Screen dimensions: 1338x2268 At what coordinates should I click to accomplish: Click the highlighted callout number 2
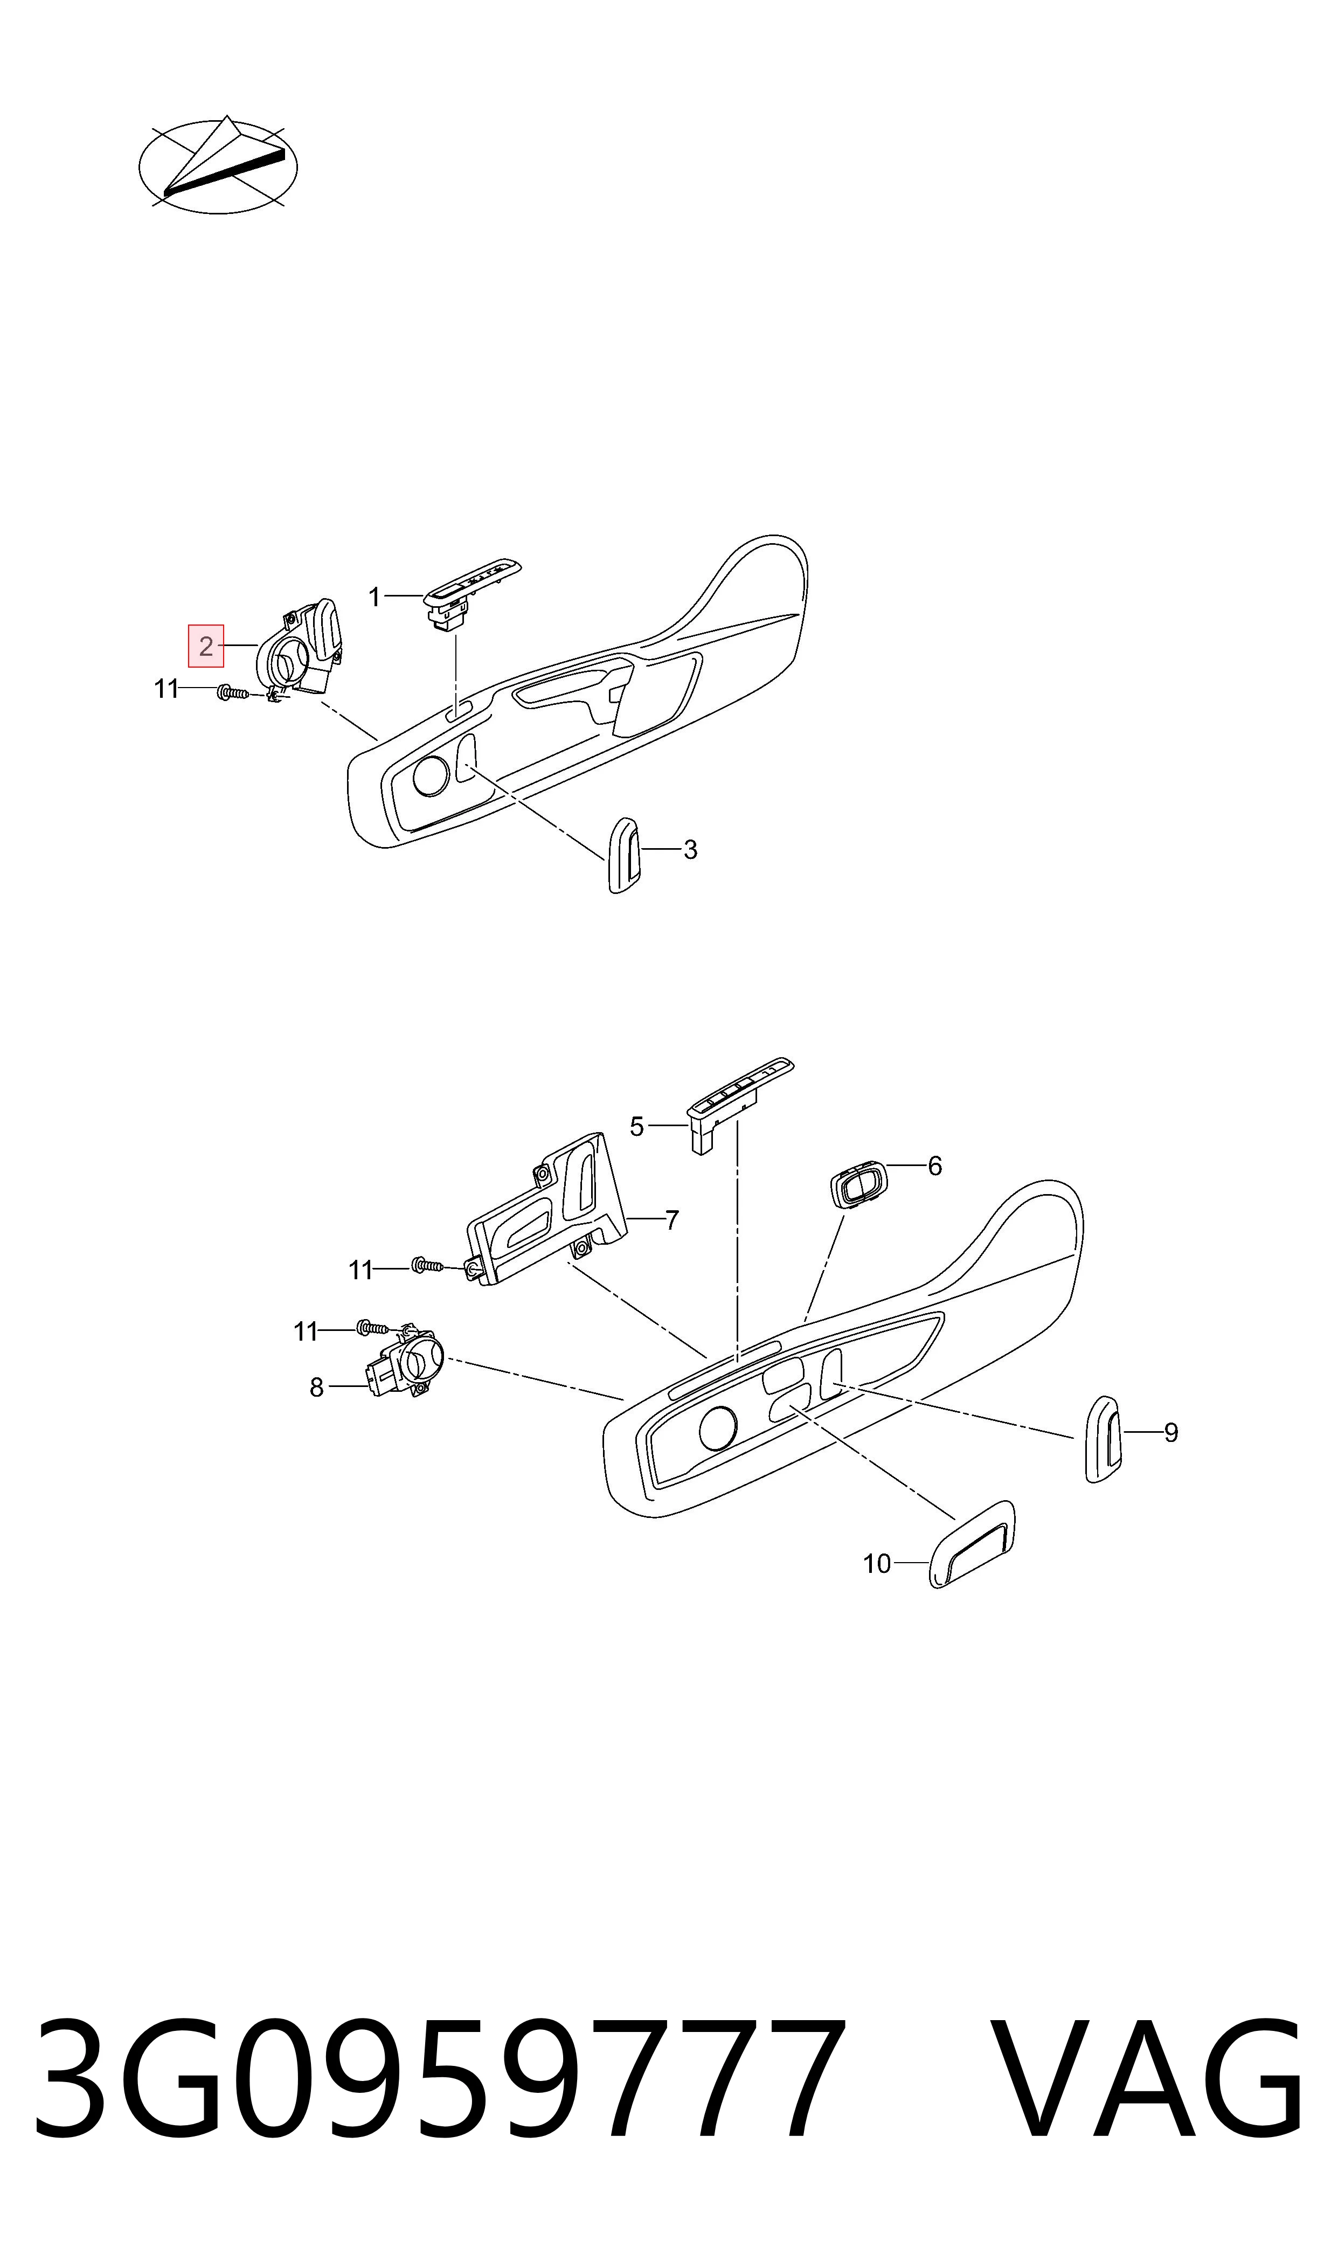205,646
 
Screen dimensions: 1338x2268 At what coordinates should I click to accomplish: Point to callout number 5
636,1127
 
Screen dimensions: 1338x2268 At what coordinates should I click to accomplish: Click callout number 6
935,1167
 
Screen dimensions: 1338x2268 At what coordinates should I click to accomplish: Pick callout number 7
672,1220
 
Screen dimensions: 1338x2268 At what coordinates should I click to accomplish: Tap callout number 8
316,1388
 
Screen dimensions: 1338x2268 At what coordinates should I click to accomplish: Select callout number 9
1171,1432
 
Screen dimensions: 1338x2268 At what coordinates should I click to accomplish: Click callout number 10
877,1564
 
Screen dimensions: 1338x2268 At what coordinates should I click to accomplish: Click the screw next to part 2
233,692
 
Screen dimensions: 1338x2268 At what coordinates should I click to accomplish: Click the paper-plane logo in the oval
218,165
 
